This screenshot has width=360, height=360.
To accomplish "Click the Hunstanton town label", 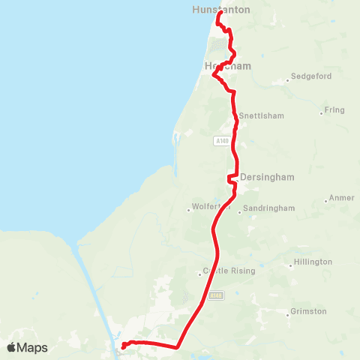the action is pyautogui.click(x=220, y=10).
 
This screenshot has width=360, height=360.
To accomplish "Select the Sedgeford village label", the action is pyautogui.click(x=309, y=76).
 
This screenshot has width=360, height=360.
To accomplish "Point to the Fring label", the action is pyautogui.click(x=334, y=110).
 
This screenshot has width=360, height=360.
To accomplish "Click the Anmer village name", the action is pyautogui.click(x=339, y=199).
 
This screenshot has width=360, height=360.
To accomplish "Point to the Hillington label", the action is pyautogui.click(x=313, y=262).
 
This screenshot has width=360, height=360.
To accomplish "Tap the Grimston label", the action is pyautogui.click(x=308, y=311).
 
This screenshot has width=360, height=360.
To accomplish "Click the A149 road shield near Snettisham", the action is pyautogui.click(x=220, y=141).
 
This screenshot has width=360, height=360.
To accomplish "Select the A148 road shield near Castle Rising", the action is pyautogui.click(x=216, y=295).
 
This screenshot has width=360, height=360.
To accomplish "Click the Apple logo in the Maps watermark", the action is pyautogui.click(x=11, y=347).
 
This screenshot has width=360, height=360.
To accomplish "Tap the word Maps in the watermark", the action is pyautogui.click(x=32, y=347).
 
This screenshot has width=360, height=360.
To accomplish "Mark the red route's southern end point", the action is pyautogui.click(x=122, y=346).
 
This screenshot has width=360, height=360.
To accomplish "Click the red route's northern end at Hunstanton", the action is pyautogui.click(x=218, y=13).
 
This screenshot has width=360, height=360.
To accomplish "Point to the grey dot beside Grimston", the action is pyautogui.click(x=287, y=315).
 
